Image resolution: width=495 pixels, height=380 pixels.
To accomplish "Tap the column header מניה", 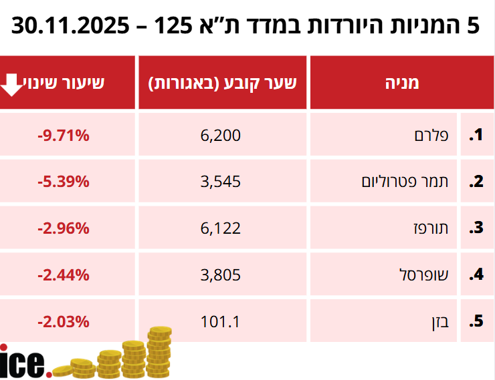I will pyautogui.click(x=403, y=83).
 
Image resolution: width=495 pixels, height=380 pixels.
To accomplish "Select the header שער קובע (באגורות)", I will pyautogui.click(x=222, y=83).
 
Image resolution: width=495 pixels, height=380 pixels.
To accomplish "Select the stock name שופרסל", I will pyautogui.click(x=425, y=274).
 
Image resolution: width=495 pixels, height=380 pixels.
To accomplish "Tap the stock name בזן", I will pyautogui.click(x=438, y=321).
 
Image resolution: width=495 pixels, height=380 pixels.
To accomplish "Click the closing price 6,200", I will pyautogui.click(x=220, y=136).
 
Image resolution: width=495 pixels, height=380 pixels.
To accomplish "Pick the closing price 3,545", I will pyautogui.click(x=220, y=182).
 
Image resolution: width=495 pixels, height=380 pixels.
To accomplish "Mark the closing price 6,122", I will pyautogui.click(x=220, y=228).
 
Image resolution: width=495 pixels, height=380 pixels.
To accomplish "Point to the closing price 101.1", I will pyautogui.click(x=220, y=321).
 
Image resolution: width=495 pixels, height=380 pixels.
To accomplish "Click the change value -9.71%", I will pyautogui.click(x=64, y=136).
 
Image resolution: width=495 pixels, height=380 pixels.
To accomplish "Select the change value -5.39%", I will pyautogui.click(x=64, y=182).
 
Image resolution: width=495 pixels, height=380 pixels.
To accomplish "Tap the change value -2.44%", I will pyautogui.click(x=64, y=274).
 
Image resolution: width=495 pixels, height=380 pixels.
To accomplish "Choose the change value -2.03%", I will pyautogui.click(x=64, y=321).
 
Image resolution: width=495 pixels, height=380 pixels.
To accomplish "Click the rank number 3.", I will pyautogui.click(x=476, y=228).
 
